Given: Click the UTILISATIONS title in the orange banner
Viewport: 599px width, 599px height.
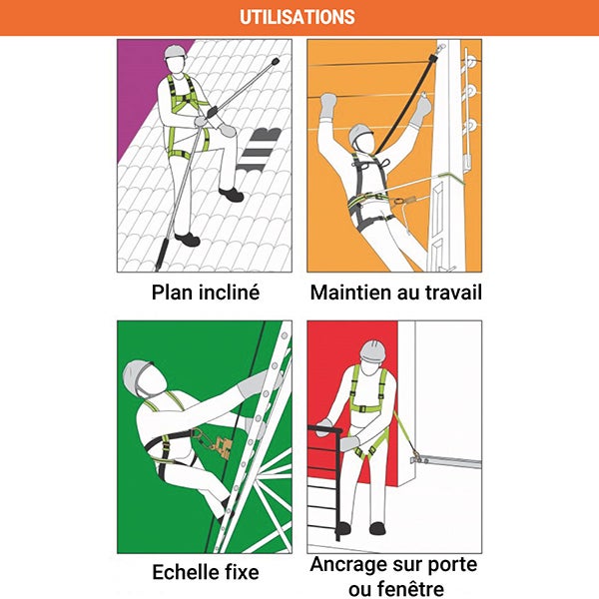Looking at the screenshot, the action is [x=298, y=17].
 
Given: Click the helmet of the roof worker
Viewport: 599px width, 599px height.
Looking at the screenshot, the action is [x=176, y=52].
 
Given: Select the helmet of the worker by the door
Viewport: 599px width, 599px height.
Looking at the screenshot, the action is [x=372, y=350].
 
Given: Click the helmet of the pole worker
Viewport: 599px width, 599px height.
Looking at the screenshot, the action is [x=359, y=133].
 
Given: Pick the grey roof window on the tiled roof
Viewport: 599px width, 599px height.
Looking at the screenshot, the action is [x=261, y=149].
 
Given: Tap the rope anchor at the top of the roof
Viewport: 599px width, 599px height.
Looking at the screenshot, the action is [x=274, y=62].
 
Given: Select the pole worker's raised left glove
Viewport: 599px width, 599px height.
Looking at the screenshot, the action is [x=328, y=105].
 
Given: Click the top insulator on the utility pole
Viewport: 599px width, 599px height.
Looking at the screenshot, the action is [x=470, y=62].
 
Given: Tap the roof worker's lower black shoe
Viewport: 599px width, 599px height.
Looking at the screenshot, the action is [x=188, y=240].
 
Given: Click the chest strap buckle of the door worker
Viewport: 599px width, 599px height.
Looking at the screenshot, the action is [x=361, y=408].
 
